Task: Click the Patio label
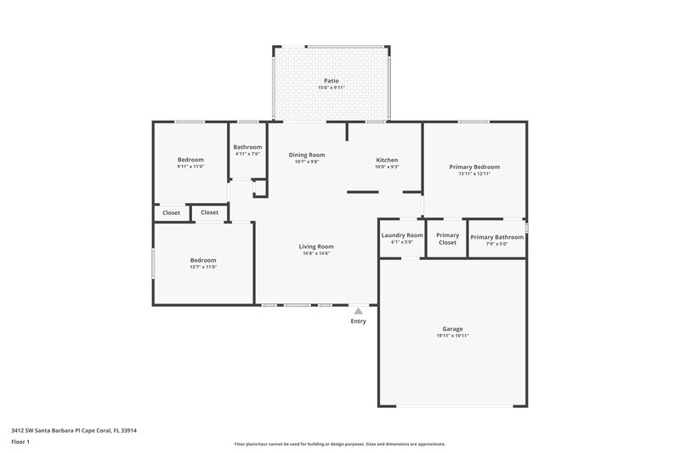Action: click(331, 82)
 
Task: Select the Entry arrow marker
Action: click(358, 311)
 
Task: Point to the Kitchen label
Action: click(387, 160)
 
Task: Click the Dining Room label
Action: click(307, 155)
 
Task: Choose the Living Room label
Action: click(315, 246)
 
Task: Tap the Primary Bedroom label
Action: click(474, 167)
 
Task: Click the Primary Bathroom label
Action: click(496, 237)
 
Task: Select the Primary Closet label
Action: click(447, 239)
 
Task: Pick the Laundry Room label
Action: click(402, 235)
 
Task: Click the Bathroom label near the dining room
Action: click(247, 147)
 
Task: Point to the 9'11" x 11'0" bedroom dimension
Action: click(190, 167)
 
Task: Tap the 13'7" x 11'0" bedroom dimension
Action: click(202, 267)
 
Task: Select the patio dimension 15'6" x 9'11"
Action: click(331, 88)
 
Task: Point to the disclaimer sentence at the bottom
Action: click(339, 444)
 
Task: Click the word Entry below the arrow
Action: click(358, 321)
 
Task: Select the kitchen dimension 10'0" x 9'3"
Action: click(387, 167)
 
